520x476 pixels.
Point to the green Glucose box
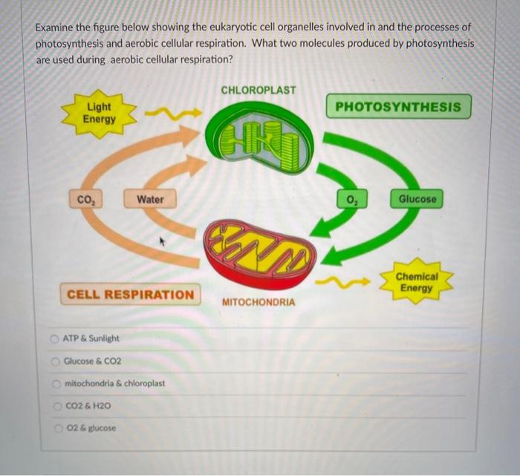[x=418, y=199]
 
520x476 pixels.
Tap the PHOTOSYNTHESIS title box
[x=397, y=107]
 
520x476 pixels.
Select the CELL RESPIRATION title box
[x=130, y=294]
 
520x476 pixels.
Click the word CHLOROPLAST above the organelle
[x=258, y=90]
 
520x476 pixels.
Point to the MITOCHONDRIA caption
[x=258, y=302]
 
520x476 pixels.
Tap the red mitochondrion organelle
[x=260, y=254]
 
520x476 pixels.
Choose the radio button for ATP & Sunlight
[x=54, y=339]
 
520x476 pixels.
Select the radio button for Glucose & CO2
[x=54, y=361]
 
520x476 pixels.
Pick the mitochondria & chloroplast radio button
[x=54, y=384]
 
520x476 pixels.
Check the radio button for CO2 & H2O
[x=54, y=406]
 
